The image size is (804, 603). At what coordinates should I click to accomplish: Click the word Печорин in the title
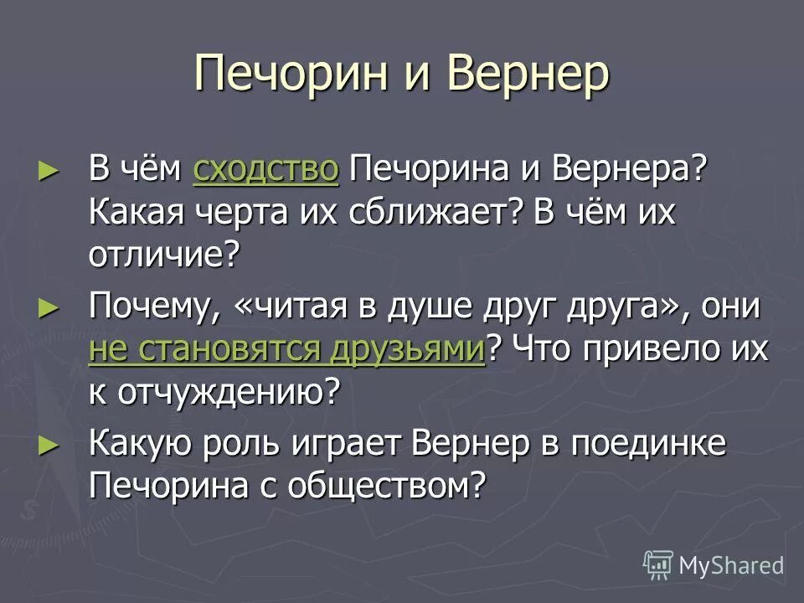[x=297, y=75]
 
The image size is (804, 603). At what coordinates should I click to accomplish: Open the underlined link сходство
[x=265, y=170]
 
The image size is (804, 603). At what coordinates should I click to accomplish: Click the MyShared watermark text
[x=731, y=565]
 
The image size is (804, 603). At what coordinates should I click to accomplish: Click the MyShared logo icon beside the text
[x=658, y=565]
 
